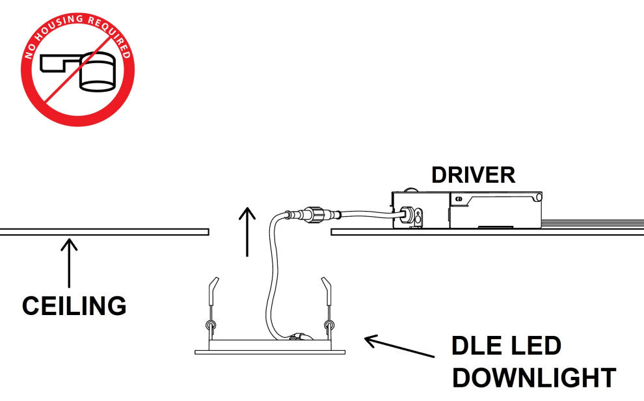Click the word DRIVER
coord(473,175)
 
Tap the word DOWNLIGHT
coord(533,378)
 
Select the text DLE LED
coord(506,346)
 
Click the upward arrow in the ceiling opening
coord(247,230)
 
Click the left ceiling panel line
coord(104,231)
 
